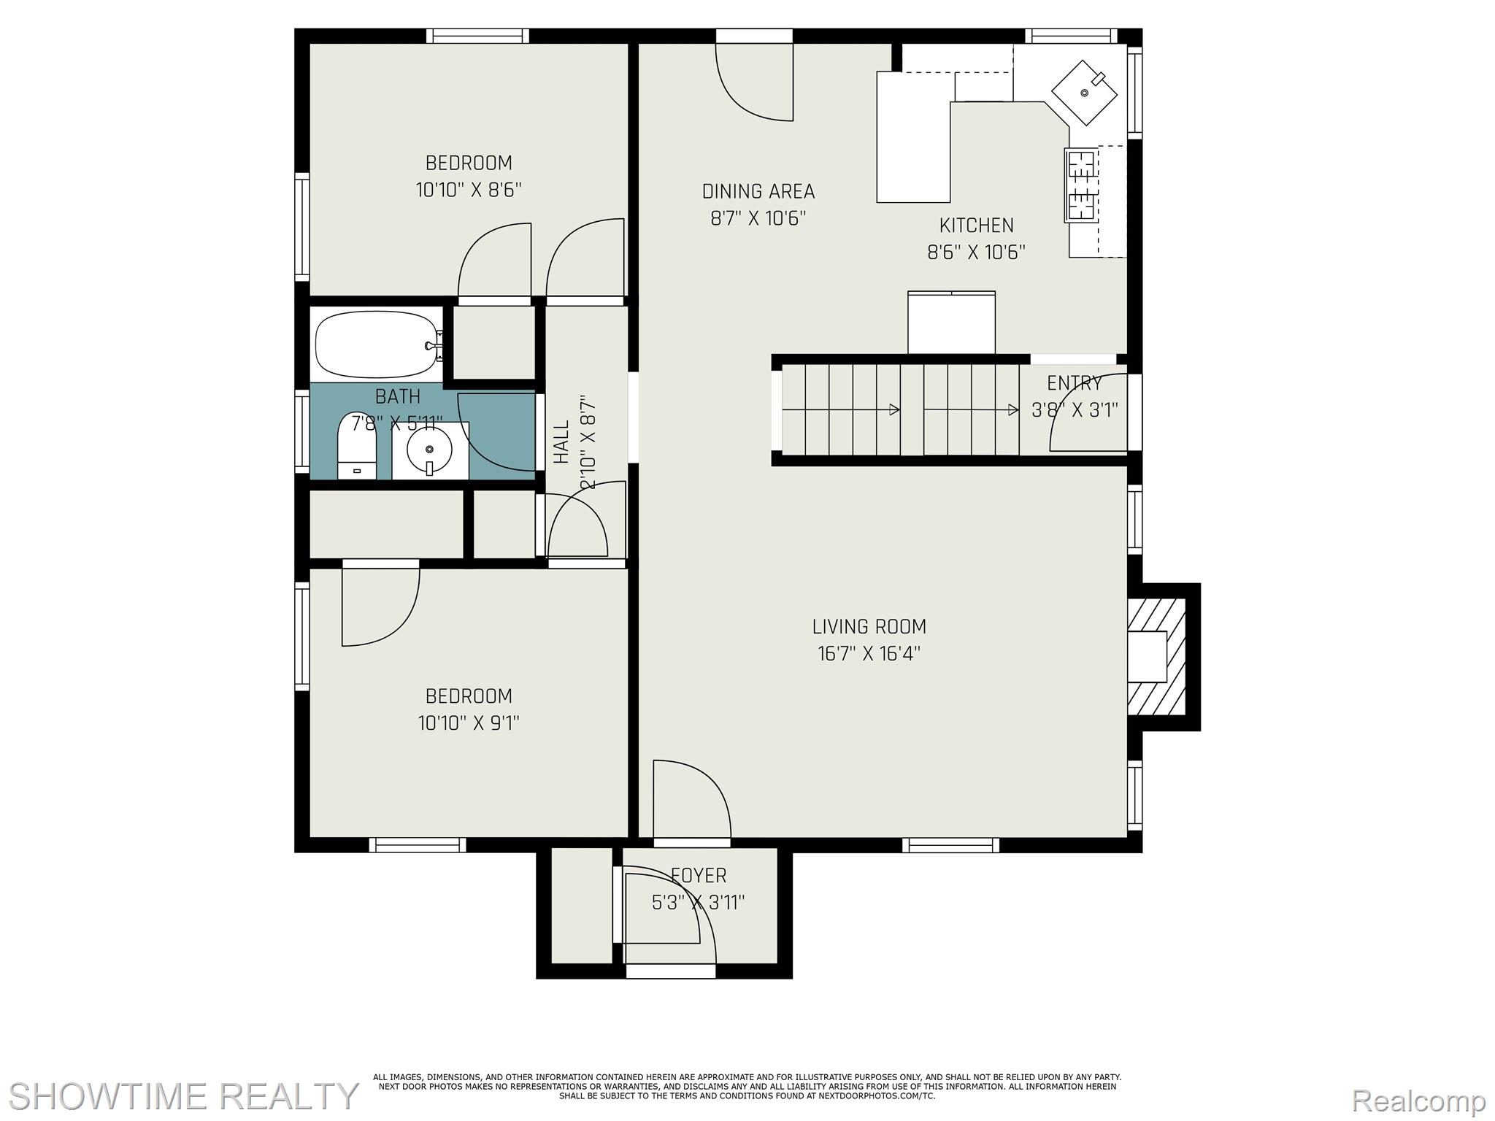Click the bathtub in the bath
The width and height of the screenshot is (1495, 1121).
coord(379,345)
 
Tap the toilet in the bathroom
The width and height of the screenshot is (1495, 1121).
coord(356,445)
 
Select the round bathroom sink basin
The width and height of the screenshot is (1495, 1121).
coord(429,450)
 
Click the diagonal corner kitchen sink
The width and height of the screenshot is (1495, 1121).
coord(1084,92)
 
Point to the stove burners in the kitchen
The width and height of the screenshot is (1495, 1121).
coord(1082,185)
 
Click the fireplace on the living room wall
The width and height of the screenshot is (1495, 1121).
coord(1156,657)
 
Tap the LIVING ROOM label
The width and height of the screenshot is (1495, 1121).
coord(869,626)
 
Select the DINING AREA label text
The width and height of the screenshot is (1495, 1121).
coord(758,191)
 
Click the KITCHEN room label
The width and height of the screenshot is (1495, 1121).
coord(976,225)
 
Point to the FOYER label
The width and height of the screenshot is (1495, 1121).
coord(699,875)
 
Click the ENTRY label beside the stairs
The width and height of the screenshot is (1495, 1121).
coord(1074,383)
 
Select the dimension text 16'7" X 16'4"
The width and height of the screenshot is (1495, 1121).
coord(869,653)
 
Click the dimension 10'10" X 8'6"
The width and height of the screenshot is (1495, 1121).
coord(469,190)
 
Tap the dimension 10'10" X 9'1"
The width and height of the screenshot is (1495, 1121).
coord(469,723)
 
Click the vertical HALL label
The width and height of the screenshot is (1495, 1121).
coord(561,442)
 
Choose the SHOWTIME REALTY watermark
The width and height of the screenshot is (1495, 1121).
coord(183,1095)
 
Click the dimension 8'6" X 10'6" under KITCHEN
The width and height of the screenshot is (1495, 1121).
coord(976,253)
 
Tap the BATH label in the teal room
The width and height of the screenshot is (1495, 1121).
coord(397,396)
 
